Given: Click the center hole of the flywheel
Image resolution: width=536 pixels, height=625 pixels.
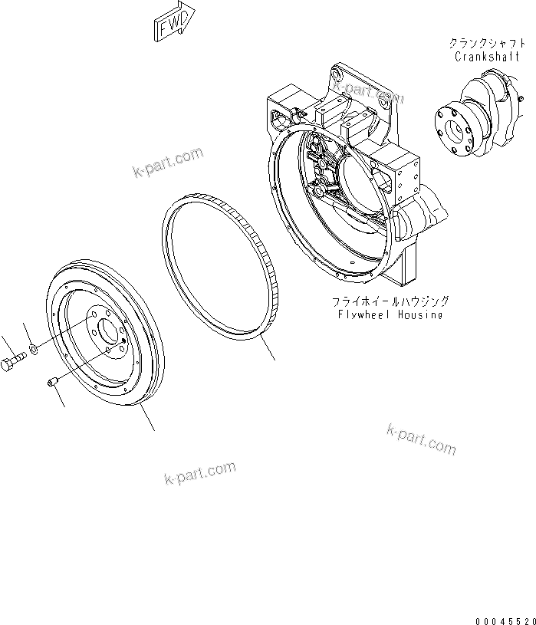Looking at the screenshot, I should (x=101, y=331).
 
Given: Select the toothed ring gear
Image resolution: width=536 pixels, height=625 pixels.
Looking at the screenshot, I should (x=222, y=265).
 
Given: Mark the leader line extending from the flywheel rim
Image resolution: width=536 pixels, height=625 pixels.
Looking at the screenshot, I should (x=148, y=419).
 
